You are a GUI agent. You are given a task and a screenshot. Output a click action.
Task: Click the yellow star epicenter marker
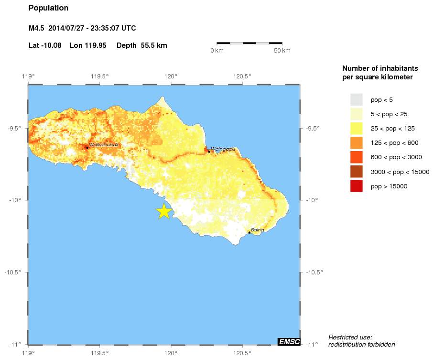pyautogui.click(x=164, y=211)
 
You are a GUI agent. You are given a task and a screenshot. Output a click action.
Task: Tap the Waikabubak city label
pyautogui.click(x=104, y=144)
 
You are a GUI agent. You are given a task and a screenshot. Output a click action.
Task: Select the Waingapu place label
pyautogui.click(x=223, y=149)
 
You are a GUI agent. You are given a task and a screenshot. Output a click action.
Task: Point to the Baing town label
pyautogui.click(x=257, y=230)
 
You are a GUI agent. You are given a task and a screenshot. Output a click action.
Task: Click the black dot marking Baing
pyautogui.click(x=250, y=232)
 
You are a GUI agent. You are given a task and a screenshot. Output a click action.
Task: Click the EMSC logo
pyautogui.click(x=289, y=341)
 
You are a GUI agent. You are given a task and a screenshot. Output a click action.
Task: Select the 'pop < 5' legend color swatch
pyautogui.click(x=357, y=99)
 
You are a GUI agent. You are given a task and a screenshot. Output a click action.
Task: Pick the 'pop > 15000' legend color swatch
pyautogui.click(x=357, y=186)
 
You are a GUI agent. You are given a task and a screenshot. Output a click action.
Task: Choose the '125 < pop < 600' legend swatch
pyautogui.click(x=357, y=143)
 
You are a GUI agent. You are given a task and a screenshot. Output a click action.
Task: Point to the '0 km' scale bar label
pyautogui.click(x=217, y=51)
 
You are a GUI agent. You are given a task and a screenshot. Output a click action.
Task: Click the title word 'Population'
pyautogui.click(x=48, y=8)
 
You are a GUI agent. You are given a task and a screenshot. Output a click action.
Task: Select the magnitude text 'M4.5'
pyautogui.click(x=36, y=28)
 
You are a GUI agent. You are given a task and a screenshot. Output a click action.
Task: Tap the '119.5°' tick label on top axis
pyautogui.click(x=99, y=76)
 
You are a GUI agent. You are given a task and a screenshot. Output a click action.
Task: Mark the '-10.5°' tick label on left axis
pyautogui.click(x=13, y=273)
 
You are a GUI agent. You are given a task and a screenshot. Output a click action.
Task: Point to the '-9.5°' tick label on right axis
pyautogui.click(x=313, y=128)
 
